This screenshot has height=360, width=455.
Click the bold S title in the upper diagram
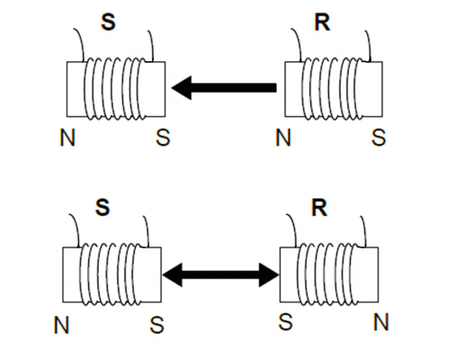[108, 22]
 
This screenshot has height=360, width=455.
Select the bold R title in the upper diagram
[322, 22]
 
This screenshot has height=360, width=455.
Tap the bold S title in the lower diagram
[103, 207]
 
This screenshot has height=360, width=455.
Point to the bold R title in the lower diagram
[319, 207]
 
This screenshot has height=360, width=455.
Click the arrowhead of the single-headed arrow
[182, 87]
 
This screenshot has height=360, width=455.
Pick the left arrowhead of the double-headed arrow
[173, 274]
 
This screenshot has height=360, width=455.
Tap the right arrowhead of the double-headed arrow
[269, 274]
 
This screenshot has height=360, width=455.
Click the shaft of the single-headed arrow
[234, 87]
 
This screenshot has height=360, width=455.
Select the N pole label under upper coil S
[67, 138]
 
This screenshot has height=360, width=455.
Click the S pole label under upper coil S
[163, 138]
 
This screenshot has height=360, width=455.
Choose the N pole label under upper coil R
[283, 138]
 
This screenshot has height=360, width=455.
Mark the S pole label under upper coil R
[379, 138]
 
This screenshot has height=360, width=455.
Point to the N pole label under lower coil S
[61, 325]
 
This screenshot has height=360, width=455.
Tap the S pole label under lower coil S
[157, 325]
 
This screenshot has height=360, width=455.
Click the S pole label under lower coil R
[285, 322]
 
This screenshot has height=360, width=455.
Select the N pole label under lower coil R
[381, 322]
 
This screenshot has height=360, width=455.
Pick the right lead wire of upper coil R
[369, 45]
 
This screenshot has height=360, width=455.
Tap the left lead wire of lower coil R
[293, 229]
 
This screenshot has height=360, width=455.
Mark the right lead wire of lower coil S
[147, 231]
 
